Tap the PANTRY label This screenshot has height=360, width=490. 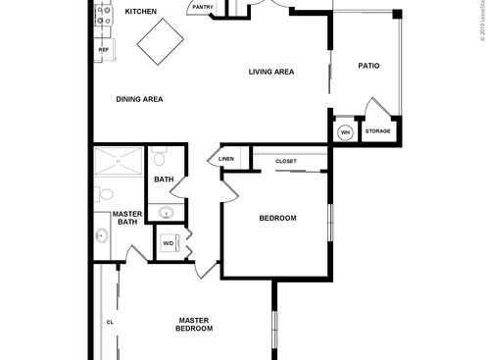pyautogui.click(x=203, y=8)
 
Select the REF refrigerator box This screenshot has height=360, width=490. pyautogui.click(x=102, y=47)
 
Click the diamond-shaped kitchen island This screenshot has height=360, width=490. pyautogui.click(x=160, y=44)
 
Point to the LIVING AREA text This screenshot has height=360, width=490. pyautogui.click(x=271, y=72)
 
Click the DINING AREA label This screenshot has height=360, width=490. pyautogui.click(x=139, y=99)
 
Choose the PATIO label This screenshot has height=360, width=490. pyautogui.click(x=368, y=67)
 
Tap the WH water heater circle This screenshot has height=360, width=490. pyautogui.click(x=345, y=132)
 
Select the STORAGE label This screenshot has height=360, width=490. pyautogui.click(x=378, y=131)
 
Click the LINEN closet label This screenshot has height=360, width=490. pyautogui.click(x=226, y=158)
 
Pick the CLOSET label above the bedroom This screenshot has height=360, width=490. pyautogui.click(x=286, y=161)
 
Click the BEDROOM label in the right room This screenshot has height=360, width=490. pyautogui.click(x=277, y=218)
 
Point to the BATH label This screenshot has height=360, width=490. pyautogui.click(x=164, y=180)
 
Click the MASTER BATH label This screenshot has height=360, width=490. pyautogui.click(x=127, y=218)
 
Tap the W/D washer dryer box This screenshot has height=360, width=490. pyautogui.click(x=168, y=242)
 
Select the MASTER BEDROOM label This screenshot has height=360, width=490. pyautogui.click(x=194, y=324)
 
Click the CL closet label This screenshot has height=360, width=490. pyautogui.click(x=110, y=322)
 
